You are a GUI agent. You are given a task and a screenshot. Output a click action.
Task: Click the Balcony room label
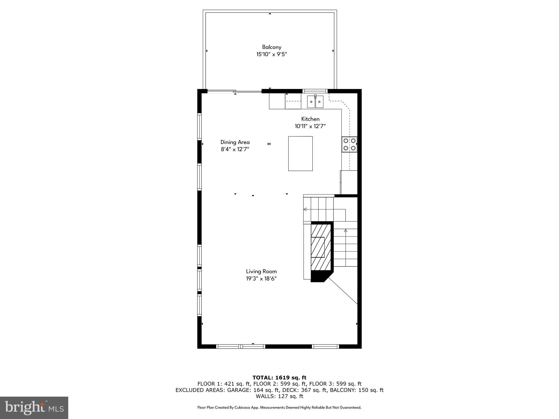271,47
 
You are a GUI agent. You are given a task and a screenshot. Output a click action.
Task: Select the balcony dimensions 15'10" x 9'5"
271,54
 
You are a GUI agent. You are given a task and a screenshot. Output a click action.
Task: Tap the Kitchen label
310,119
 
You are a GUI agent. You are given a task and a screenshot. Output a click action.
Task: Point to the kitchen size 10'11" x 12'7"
310,126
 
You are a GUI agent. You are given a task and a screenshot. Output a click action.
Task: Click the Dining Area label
235,142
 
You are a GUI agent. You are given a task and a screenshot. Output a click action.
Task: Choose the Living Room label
261,271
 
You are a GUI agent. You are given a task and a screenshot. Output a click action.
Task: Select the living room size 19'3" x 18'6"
261,279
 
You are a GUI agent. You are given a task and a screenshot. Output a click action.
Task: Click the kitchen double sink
315,102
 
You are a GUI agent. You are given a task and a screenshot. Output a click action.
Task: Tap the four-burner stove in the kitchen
349,144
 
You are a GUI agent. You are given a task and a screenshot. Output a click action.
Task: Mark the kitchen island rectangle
300,154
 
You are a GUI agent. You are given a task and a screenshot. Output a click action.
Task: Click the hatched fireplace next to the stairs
321,247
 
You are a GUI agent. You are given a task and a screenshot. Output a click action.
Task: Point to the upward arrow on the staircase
345,231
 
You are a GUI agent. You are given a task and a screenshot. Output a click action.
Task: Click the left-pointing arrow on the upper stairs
305,209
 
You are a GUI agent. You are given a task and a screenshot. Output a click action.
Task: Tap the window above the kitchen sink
315,91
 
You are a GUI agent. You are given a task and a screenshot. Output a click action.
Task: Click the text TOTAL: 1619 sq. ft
279,378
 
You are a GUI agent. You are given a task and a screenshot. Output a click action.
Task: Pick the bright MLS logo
34,408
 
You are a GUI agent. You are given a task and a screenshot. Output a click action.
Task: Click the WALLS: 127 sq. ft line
279,396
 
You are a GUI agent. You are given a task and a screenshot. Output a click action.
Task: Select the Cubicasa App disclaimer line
279,408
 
